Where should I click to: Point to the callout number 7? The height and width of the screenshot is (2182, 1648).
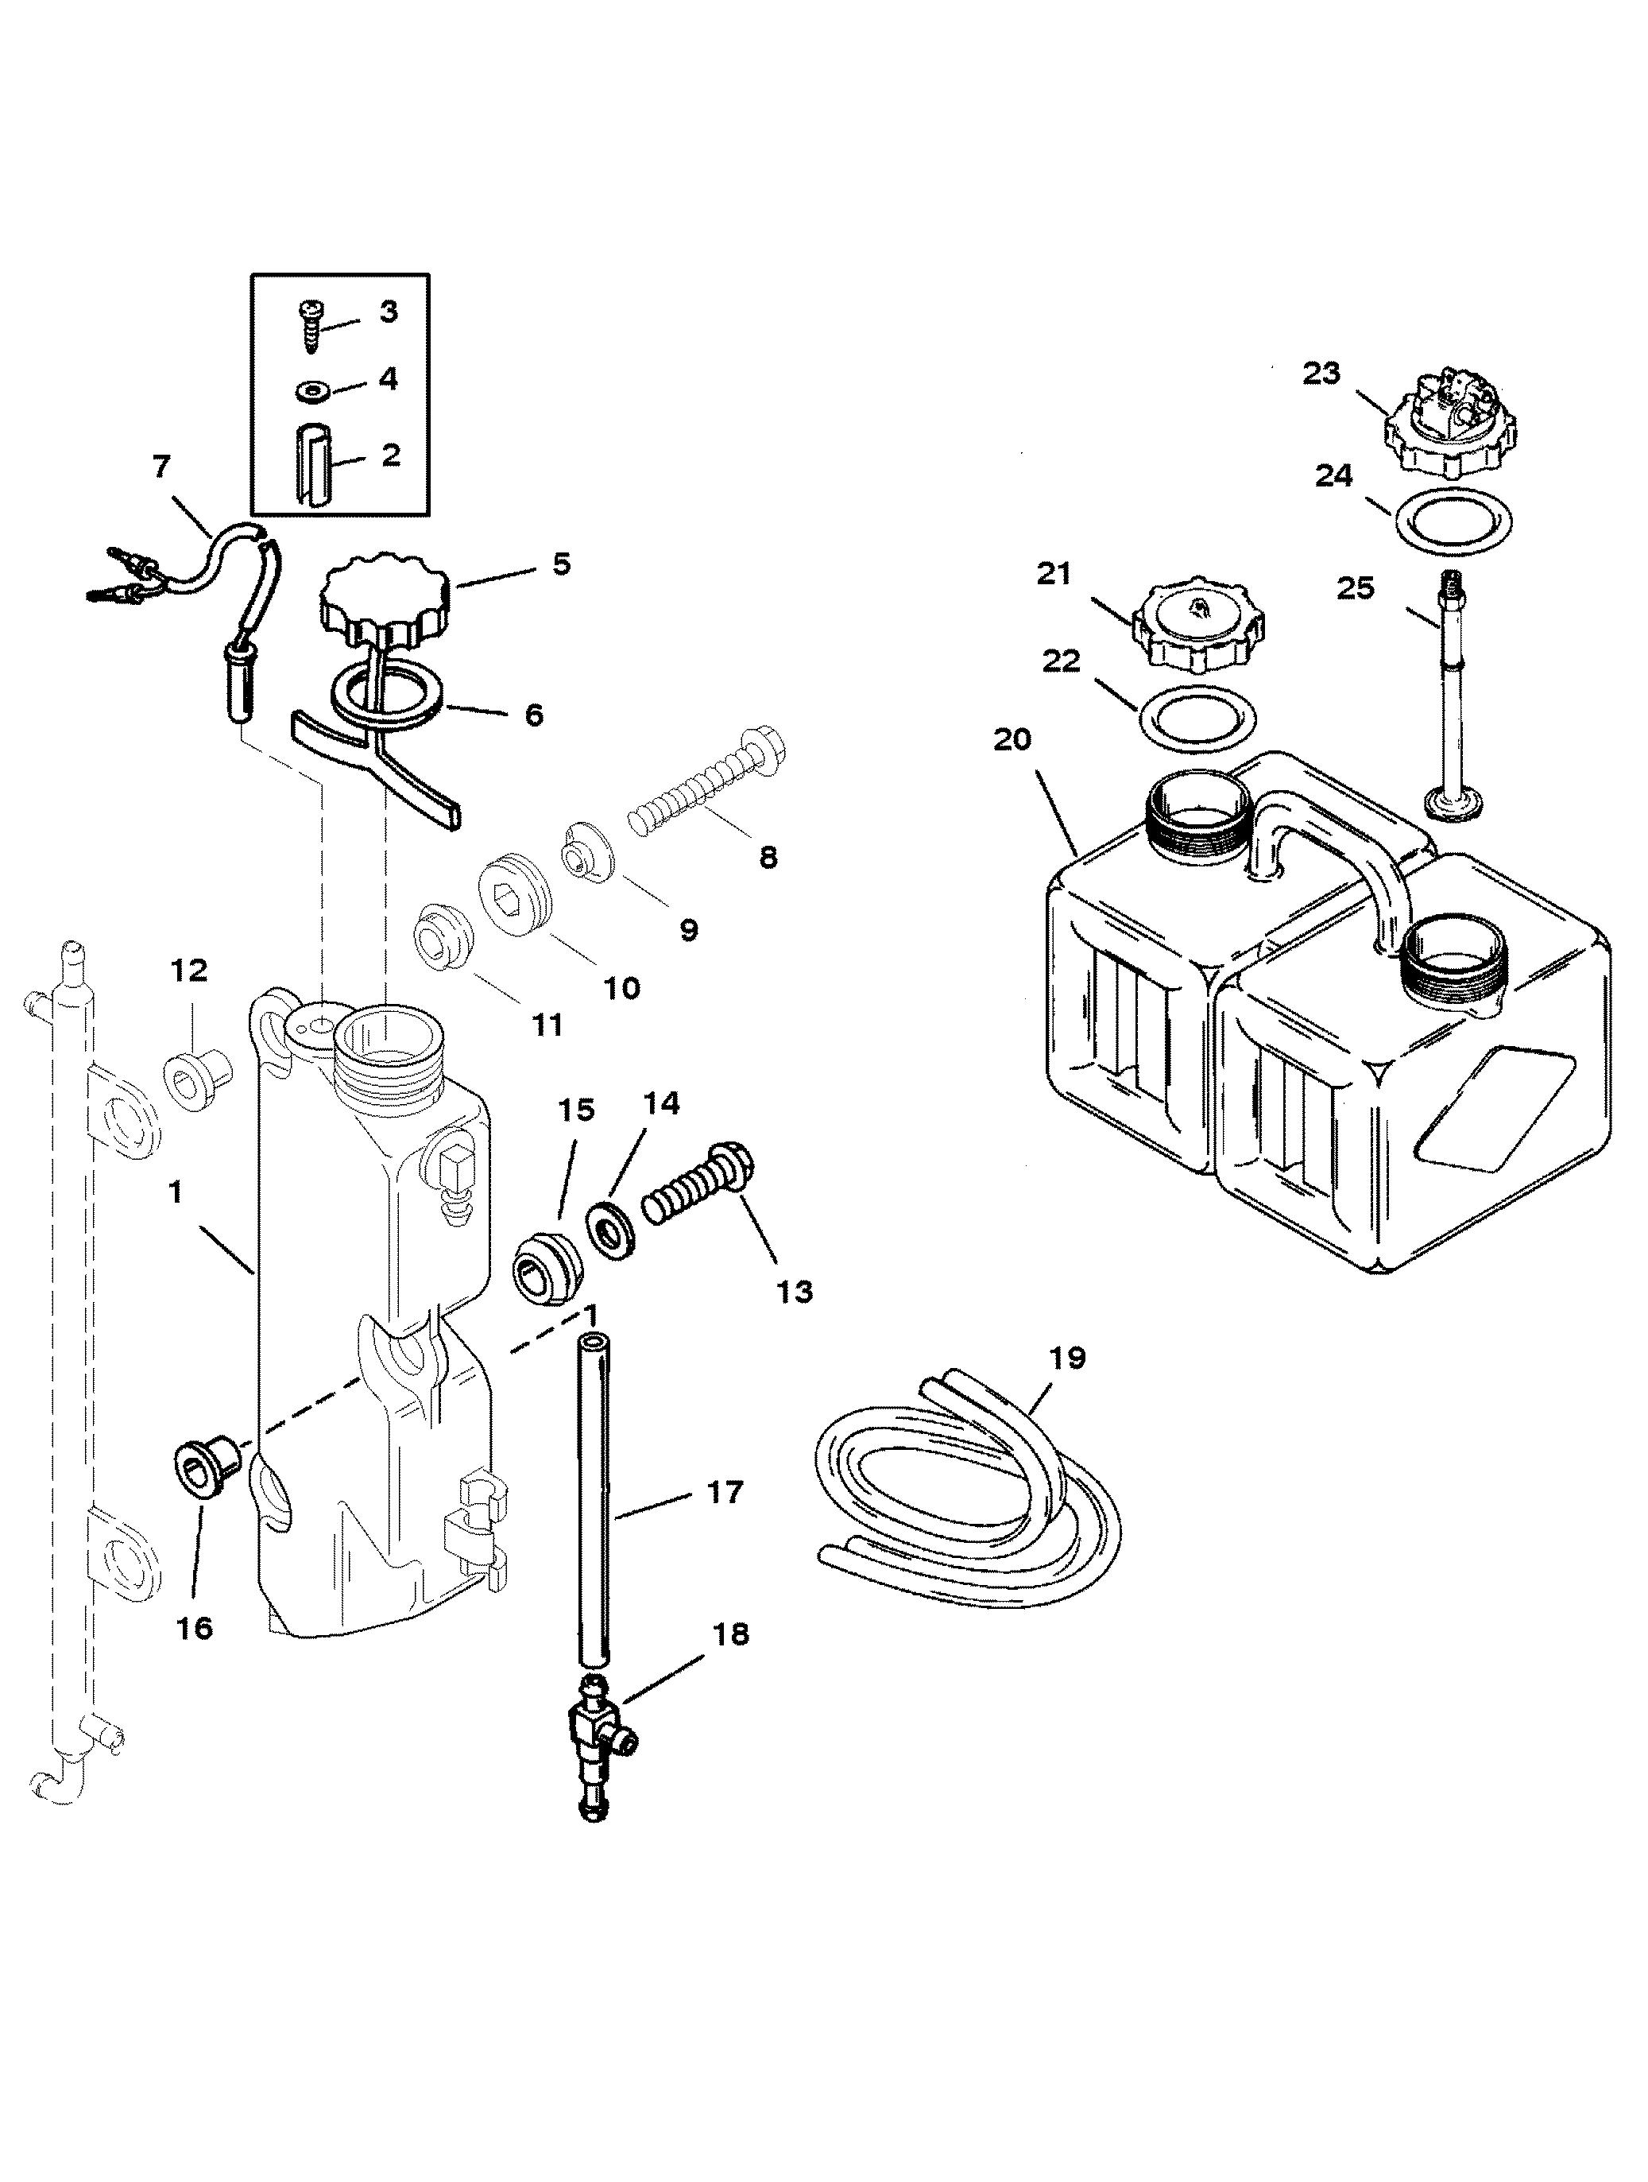tap(162, 467)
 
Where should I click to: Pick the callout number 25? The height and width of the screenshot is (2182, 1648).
tap(1355, 588)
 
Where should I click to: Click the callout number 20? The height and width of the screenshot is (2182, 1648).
tap(1011, 738)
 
